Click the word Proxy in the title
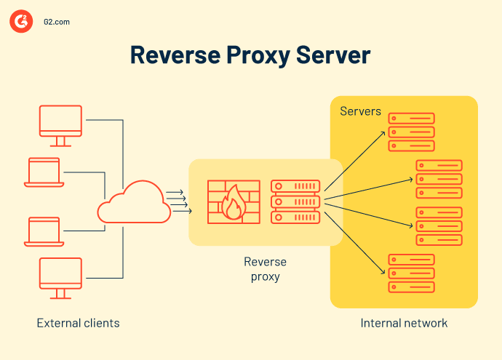click(255, 56)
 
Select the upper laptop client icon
click(46, 173)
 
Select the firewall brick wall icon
click(232, 201)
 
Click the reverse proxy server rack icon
click(295, 201)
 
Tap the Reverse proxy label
click(265, 269)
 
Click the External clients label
click(78, 323)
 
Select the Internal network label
click(404, 323)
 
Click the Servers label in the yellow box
click(360, 111)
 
